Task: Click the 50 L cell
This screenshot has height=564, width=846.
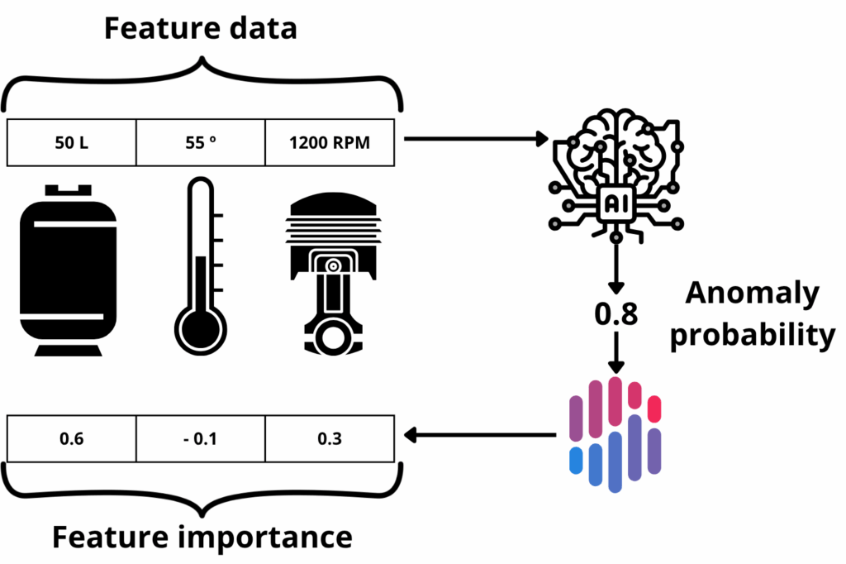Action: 71,142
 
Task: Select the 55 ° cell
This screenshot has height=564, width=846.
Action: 200,142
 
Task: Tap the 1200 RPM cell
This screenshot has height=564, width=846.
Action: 330,142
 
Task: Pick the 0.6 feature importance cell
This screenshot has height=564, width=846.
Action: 71,438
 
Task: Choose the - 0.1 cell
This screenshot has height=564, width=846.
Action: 200,438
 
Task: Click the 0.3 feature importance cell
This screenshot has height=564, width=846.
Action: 330,438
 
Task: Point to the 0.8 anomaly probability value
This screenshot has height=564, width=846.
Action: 615,315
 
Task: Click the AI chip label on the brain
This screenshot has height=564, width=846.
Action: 615,203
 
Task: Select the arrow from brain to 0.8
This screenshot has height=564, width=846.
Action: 615,265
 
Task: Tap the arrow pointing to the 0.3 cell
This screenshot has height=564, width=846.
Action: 479,434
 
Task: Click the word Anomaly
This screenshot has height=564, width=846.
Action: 752,294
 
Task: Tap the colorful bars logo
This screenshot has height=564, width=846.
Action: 615,434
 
